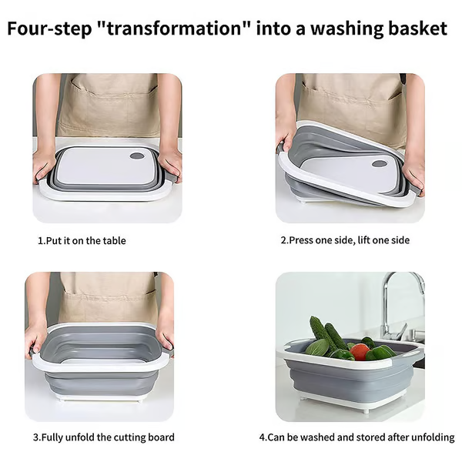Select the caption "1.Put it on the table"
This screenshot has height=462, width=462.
82,241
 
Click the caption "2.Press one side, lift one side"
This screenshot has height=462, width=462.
344,240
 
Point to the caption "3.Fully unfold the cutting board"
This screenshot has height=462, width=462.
103,437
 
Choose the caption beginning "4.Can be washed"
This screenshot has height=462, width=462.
356,437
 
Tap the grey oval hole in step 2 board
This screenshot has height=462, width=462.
379,164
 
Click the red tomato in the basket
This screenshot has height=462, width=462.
360,352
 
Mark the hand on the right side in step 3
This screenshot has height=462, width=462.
164,339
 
